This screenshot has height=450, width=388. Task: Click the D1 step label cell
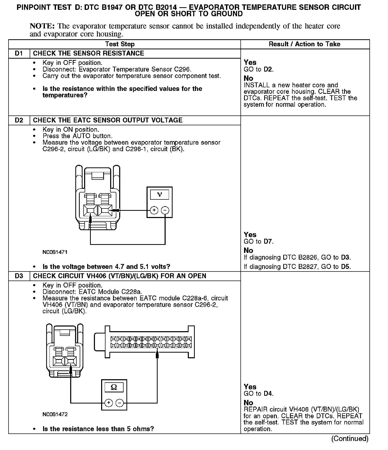coord(19,53)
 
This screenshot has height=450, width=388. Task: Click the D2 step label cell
coord(19,120)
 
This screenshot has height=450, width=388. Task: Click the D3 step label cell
coord(19,276)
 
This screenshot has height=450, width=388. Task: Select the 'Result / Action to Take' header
coord(304,44)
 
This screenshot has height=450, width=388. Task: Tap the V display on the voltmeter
coord(159,195)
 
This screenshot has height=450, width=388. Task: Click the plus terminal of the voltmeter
coord(154,210)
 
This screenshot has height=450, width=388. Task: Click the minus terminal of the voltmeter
coord(165,210)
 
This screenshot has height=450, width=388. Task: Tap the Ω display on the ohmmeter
coord(114,387)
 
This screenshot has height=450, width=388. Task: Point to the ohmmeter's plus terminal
coord(109,403)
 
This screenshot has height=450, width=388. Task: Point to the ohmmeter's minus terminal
coord(119,403)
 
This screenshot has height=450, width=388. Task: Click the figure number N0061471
coord(55,252)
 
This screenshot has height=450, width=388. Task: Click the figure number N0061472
coord(55,414)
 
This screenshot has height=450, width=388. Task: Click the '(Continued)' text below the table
coord(350,439)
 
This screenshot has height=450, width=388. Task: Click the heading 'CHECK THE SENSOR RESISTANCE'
coord(88,53)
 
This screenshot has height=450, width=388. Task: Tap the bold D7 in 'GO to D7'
coord(268,242)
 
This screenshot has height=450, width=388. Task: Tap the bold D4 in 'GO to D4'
coord(268,394)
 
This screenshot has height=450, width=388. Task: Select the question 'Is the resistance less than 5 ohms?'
coord(98,429)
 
